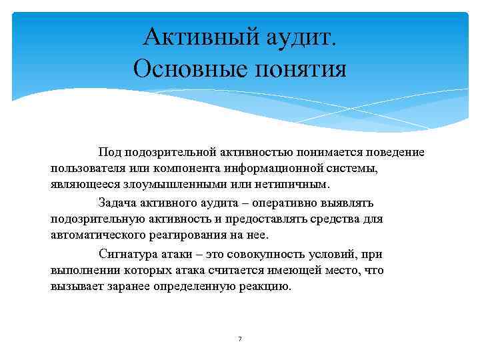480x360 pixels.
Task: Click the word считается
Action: [266, 271]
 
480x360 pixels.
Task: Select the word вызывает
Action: [74, 287]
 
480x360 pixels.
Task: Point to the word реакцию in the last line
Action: [267, 287]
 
